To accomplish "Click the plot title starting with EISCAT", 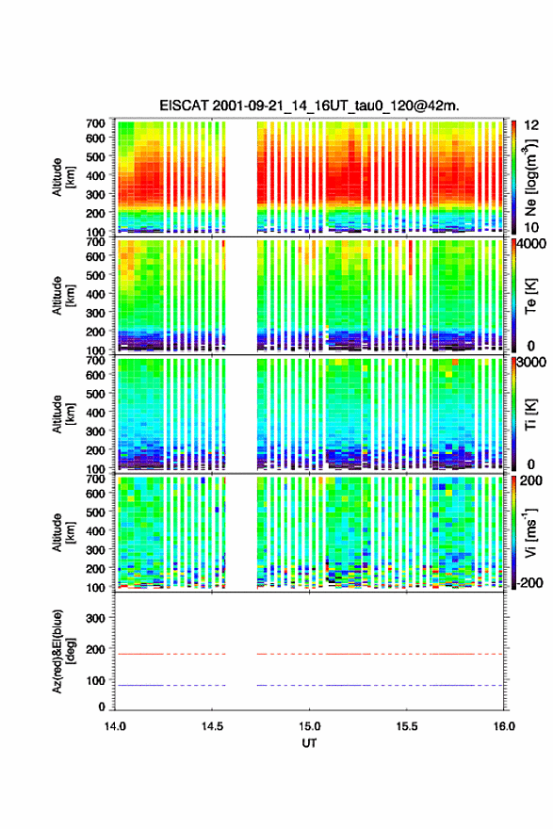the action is [309, 106].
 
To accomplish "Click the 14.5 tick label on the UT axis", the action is [212, 726].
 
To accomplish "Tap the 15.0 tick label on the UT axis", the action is [309, 726].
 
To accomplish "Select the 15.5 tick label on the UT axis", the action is [407, 726].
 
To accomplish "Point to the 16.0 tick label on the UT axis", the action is [504, 726].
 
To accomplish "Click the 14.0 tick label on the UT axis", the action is [115, 726].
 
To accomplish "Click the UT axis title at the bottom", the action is [309, 743].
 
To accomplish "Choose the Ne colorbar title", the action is [530, 177].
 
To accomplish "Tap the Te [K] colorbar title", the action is [530, 296].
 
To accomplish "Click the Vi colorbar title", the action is [530, 532].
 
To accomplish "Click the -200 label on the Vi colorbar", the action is [529, 582].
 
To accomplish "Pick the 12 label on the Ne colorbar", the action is [531, 125].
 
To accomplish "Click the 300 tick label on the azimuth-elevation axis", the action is [95, 618].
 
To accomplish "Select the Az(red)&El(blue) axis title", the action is [62, 651].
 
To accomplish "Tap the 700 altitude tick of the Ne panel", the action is [95, 123].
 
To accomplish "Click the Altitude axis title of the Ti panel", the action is [63, 414].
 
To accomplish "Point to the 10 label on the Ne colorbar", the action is [531, 227].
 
